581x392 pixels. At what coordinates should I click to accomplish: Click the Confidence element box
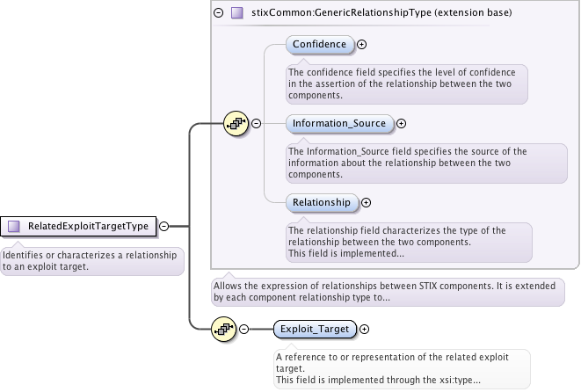click(320, 44)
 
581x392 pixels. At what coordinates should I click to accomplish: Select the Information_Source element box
click(340, 124)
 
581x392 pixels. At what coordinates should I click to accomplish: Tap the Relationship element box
click(322, 202)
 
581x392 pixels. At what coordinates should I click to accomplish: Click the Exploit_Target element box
click(314, 329)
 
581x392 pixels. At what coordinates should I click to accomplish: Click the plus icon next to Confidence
click(361, 44)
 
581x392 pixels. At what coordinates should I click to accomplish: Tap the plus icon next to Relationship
click(367, 202)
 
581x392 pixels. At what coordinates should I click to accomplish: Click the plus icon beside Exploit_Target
click(365, 329)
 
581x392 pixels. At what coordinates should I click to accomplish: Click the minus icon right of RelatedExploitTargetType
click(164, 226)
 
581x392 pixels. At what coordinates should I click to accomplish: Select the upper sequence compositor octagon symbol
click(236, 124)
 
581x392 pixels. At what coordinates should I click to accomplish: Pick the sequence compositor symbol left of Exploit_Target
click(223, 329)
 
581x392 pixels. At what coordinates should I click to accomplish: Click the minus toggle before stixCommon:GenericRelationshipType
click(218, 13)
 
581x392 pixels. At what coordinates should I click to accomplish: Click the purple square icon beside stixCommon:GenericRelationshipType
click(236, 13)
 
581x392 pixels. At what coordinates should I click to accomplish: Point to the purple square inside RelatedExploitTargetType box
click(13, 226)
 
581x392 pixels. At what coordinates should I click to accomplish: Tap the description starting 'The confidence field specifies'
click(406, 83)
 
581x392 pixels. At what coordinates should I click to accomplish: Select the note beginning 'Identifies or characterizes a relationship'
click(91, 260)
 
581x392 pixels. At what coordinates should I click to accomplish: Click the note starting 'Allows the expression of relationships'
click(388, 292)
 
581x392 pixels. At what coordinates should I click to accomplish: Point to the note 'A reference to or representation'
click(401, 368)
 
